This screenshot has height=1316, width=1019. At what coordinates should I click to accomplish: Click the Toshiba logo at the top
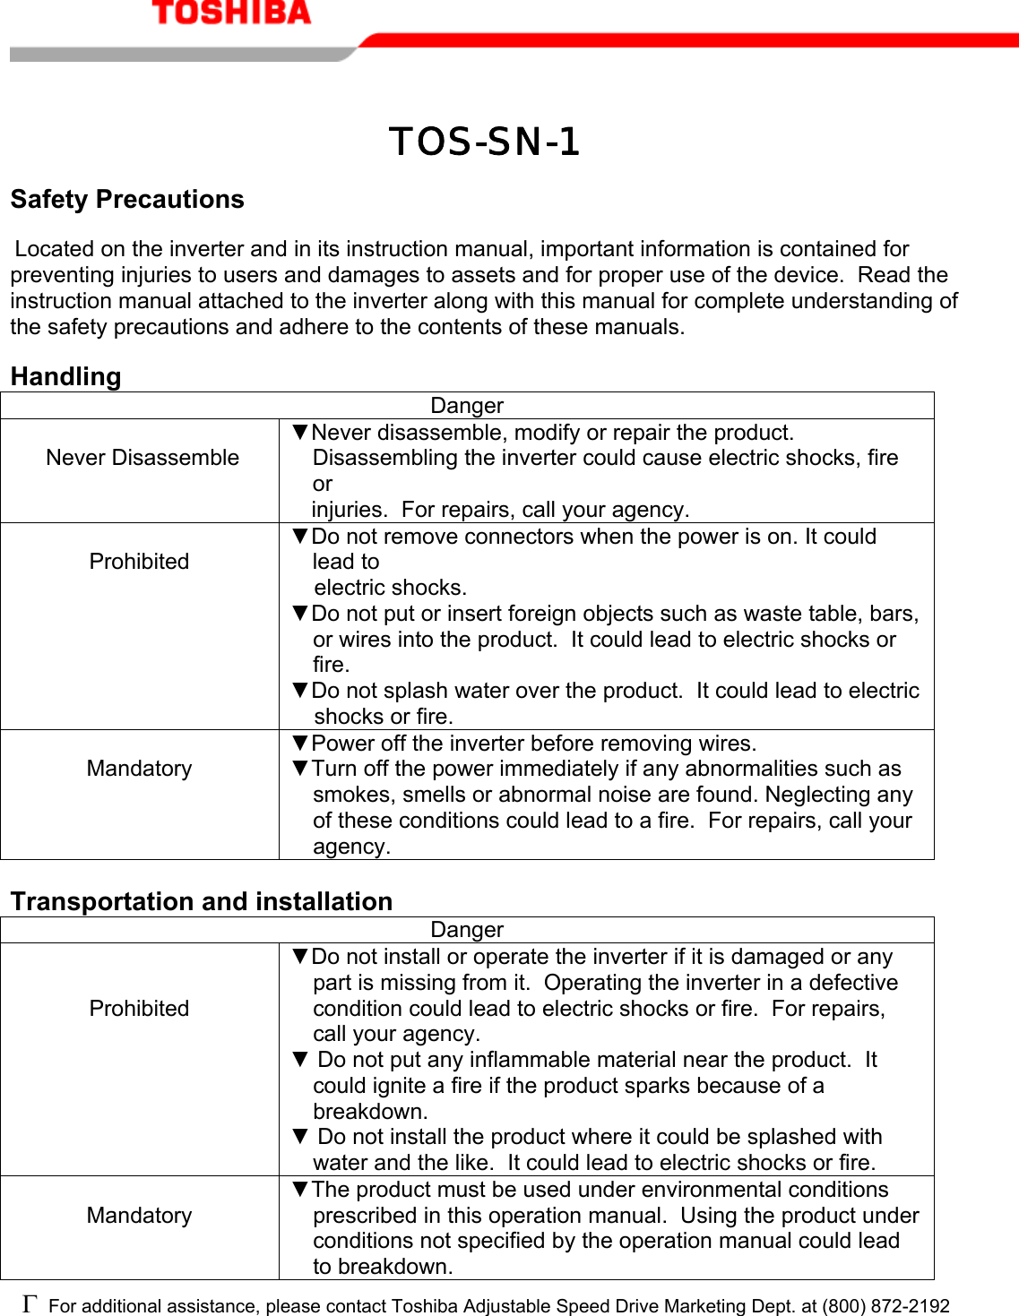231,13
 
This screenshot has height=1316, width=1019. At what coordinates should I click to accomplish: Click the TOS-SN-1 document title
484,142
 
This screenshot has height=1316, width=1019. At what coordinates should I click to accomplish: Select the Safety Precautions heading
127,199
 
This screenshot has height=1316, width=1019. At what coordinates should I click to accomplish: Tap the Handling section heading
65,376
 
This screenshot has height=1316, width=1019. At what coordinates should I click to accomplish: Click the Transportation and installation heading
202,901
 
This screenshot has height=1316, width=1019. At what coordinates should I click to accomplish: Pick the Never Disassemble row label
142,458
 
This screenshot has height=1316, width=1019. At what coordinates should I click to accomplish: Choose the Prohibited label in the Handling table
139,562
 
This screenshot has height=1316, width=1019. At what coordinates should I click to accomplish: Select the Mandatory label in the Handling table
139,769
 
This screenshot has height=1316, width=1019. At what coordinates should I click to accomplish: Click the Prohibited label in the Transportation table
139,1009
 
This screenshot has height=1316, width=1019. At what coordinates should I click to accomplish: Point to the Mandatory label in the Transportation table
139,1216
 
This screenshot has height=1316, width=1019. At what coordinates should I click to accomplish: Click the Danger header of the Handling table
467,406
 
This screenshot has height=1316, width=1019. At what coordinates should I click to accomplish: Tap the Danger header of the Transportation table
467,930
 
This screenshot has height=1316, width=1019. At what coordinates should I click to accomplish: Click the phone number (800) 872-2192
885,1306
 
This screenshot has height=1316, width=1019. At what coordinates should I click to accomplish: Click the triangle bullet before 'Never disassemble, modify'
300,433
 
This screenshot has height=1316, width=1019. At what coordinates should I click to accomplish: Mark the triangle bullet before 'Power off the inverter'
300,744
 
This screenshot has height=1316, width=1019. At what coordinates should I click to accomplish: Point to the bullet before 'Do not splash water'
300,691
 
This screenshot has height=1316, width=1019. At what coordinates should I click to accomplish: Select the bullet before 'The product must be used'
300,1190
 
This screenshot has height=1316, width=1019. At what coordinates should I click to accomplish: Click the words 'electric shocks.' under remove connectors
391,588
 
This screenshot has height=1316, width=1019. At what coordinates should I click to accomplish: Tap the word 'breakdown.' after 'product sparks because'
370,1112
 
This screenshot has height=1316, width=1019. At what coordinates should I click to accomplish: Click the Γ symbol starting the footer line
30,1303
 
